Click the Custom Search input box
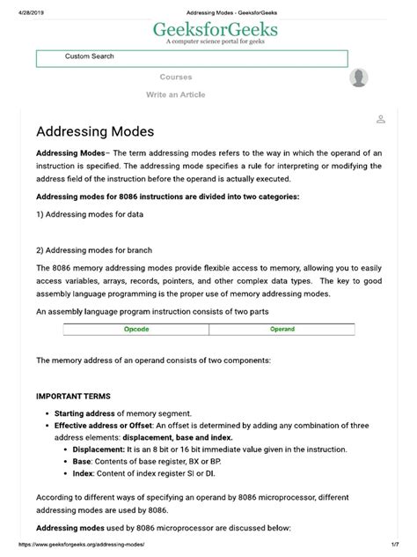point(192,58)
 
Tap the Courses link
point(176,78)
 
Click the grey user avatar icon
point(359,78)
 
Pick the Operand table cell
point(282,330)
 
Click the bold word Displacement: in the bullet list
point(102,449)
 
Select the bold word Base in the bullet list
point(82,461)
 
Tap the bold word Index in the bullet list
point(84,473)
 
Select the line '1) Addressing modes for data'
point(89,214)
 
